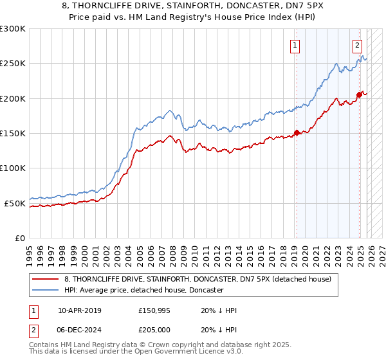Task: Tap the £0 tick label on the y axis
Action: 20,238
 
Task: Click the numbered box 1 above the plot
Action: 295,45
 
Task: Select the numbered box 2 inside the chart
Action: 357,45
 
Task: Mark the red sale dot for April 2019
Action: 297,133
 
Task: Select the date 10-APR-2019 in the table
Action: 79,310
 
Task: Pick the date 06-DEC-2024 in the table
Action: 79,328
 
